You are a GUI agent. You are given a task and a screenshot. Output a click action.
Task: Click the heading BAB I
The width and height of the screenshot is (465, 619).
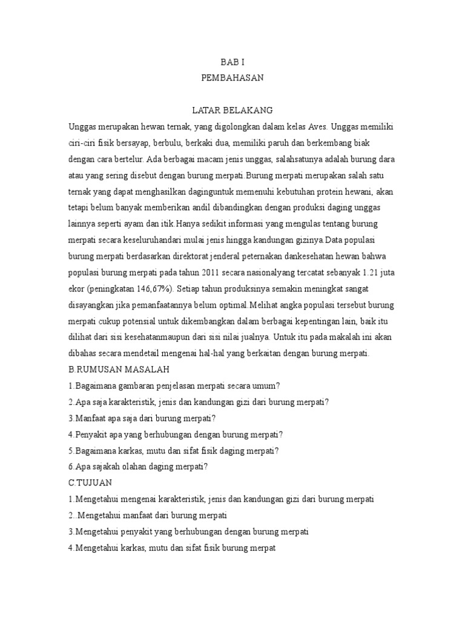click(x=232, y=62)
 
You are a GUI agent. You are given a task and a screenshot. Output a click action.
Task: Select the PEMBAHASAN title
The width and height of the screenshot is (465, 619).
click(x=232, y=78)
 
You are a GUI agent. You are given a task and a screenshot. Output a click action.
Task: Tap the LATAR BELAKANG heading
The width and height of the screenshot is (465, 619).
click(x=232, y=110)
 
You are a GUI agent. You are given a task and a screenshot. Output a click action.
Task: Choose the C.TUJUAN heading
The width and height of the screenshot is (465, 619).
click(x=96, y=484)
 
